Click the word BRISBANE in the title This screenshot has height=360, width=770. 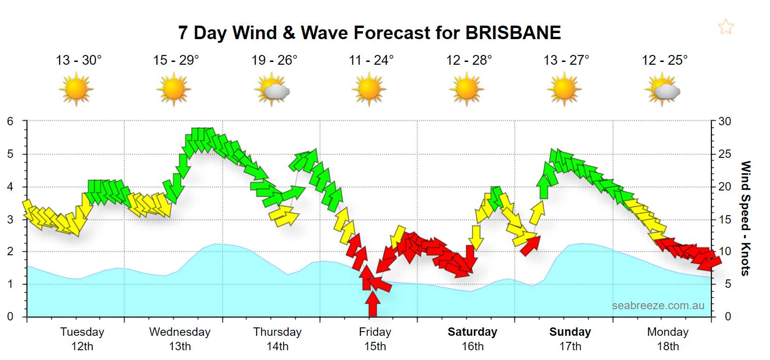(513, 33)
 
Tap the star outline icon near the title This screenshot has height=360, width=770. (725, 27)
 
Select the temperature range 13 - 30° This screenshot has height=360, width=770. (79, 60)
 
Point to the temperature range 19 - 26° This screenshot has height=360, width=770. (274, 60)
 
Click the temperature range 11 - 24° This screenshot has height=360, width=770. (371, 60)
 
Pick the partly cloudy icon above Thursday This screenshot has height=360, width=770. (273, 89)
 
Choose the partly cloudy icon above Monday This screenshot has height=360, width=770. (663, 89)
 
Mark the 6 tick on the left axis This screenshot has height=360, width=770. (10, 122)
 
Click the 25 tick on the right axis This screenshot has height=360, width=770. (725, 154)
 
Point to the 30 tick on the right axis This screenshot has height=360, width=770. (725, 122)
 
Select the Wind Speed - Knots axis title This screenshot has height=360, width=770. (745, 218)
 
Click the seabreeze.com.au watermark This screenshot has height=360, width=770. (658, 306)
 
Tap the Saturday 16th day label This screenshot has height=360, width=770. (473, 339)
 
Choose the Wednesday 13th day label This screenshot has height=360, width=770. (180, 339)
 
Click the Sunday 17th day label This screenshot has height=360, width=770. (570, 339)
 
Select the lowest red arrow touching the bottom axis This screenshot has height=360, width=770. (372, 303)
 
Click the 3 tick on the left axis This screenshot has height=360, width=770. (10, 219)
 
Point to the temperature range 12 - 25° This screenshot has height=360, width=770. (664, 60)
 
